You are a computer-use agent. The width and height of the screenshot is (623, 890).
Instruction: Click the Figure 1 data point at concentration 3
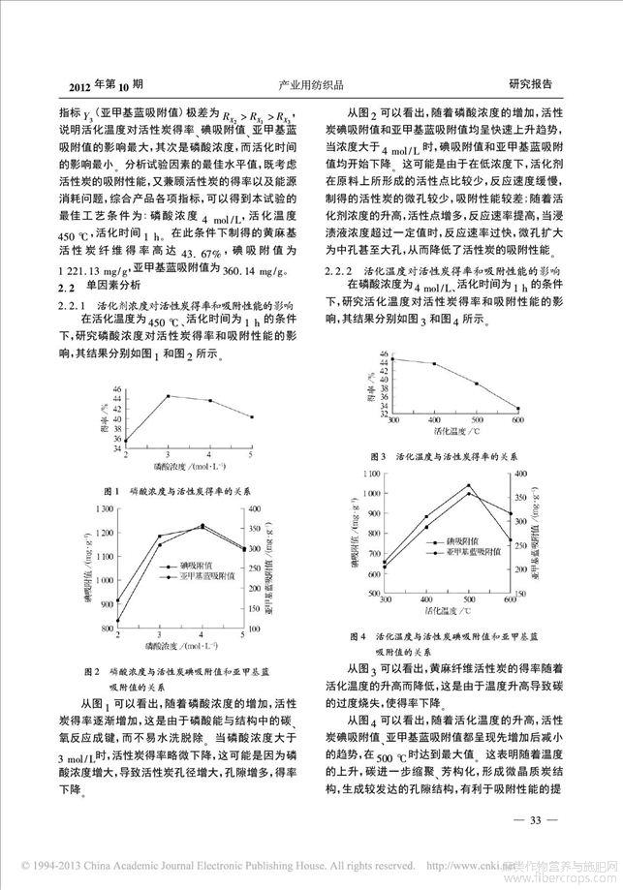pyautogui.click(x=169, y=395)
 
